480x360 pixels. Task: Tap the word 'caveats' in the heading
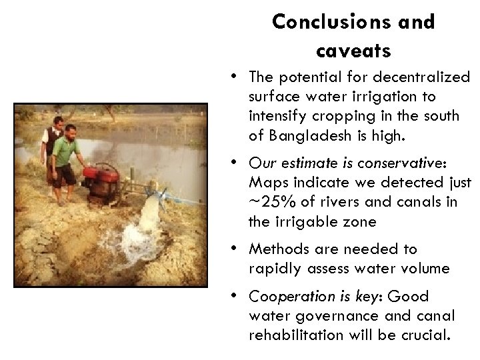[353, 49]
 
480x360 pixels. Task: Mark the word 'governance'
[339, 315]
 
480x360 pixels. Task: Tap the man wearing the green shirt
[65, 160]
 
